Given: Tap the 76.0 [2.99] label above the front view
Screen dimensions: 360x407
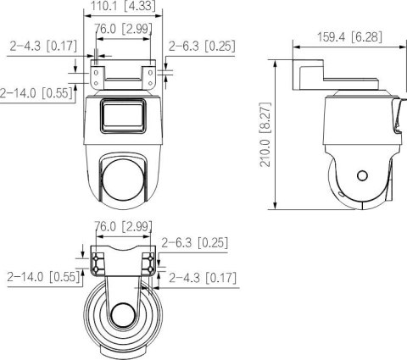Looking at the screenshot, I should point(123,29).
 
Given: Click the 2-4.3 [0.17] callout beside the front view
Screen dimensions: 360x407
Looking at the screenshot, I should point(42,47).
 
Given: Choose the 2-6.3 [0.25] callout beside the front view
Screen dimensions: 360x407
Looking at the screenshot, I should point(202,47).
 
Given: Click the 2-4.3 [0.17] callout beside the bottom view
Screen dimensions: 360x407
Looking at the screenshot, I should point(202,277).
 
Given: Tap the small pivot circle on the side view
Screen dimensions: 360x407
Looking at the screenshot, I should point(362,176).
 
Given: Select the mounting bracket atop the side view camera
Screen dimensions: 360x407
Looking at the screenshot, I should point(311,77).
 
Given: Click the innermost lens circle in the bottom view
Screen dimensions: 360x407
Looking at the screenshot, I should point(123,318).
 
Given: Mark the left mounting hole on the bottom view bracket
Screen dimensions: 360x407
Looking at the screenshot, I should point(98,257).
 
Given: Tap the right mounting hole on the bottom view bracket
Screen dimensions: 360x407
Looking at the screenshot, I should point(149,257).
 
